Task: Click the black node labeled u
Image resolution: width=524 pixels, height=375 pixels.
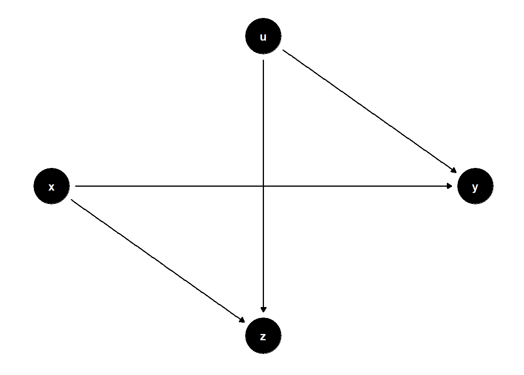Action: (263, 36)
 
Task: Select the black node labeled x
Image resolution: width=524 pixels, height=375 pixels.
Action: (51, 186)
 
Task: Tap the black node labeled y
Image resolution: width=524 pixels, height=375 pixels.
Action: (475, 186)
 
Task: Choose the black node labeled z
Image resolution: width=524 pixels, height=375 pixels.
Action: (263, 336)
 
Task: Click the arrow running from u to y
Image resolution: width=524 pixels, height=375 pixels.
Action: (369, 111)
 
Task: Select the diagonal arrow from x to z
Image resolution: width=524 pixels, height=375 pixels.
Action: (158, 261)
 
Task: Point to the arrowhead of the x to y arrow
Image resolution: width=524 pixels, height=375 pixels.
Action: (450, 186)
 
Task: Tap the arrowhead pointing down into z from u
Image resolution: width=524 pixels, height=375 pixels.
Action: (264, 310)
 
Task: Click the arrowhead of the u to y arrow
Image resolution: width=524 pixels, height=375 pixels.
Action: (454, 170)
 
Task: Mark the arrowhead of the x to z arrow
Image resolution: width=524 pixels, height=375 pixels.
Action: (242, 320)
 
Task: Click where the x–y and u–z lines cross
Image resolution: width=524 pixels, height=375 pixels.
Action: (264, 186)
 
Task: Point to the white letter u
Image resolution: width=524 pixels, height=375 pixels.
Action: (263, 37)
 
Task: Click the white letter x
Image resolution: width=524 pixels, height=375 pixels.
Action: (51, 187)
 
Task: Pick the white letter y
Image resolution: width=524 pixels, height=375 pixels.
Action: (475, 188)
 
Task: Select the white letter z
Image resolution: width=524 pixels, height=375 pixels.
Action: (263, 337)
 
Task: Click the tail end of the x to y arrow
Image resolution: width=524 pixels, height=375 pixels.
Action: (75, 186)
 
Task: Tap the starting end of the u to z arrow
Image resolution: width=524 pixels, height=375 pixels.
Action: (264, 60)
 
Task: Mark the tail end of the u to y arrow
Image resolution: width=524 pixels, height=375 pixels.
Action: (283, 50)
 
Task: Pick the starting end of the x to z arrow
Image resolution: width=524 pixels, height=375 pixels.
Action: (71, 200)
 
